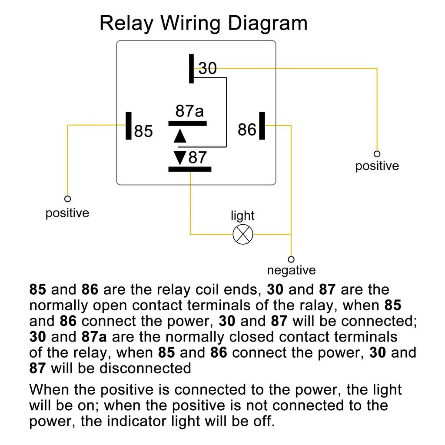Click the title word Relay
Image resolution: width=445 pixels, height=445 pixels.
(126, 23)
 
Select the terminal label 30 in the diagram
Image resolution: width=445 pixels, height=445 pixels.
(208, 68)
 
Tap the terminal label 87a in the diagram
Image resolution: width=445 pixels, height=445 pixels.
(189, 111)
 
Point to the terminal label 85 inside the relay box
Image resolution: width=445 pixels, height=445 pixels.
(143, 131)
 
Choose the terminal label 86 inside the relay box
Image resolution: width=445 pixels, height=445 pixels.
(247, 129)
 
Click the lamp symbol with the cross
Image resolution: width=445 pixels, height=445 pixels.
(243, 234)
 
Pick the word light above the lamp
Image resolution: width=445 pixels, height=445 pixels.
(242, 215)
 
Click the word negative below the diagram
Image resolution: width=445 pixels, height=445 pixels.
(291, 270)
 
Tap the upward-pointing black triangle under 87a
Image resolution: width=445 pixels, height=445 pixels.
(179, 136)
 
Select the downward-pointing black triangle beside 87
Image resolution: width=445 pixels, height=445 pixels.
(179, 157)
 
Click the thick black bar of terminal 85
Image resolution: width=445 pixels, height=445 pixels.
(129, 126)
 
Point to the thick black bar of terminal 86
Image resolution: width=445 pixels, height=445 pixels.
(262, 126)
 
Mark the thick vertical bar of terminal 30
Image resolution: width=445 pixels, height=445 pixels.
(192, 68)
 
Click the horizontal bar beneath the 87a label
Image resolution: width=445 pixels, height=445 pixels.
(187, 123)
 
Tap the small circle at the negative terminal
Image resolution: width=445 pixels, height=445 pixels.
(291, 259)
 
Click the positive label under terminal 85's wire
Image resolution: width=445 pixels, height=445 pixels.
(67, 213)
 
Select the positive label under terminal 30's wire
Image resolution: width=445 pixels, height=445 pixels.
(377, 166)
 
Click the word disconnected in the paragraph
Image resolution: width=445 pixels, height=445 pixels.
(146, 368)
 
